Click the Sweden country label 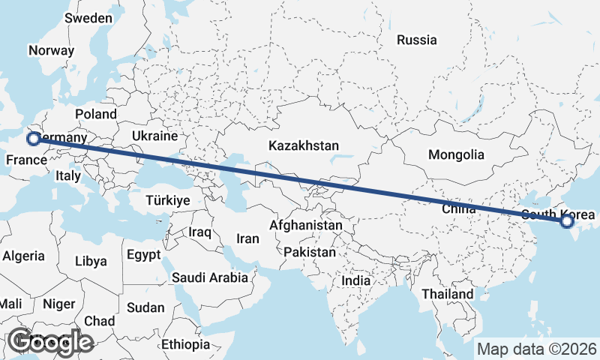(x=88, y=18)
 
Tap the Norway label (x=51, y=51)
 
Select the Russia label (x=417, y=40)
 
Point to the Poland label (x=96, y=114)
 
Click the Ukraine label (x=154, y=136)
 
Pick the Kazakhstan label (x=306, y=145)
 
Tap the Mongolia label (x=456, y=155)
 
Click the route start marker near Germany (x=33, y=138)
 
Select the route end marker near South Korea (x=566, y=221)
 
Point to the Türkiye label (x=168, y=201)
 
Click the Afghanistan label (x=306, y=225)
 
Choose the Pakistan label (x=310, y=253)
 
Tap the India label (x=356, y=280)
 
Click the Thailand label (x=447, y=294)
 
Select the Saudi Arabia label (x=210, y=277)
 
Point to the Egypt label (x=143, y=255)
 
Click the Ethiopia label (x=186, y=345)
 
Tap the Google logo (x=50, y=342)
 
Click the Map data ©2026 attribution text (x=537, y=349)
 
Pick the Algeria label (x=24, y=256)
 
